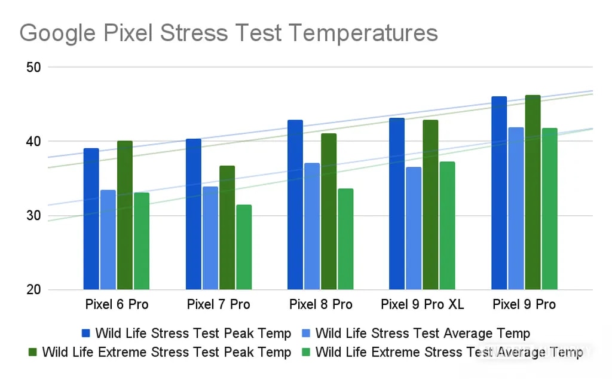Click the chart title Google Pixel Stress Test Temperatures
229,33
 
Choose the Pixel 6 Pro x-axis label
117,305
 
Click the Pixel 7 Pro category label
218,305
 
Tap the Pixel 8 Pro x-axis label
320,305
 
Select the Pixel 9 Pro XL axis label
422,305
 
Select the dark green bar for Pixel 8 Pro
328,212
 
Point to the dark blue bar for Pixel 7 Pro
193,215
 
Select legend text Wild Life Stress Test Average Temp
422,334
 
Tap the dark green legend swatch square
33,353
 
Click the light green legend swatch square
307,353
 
